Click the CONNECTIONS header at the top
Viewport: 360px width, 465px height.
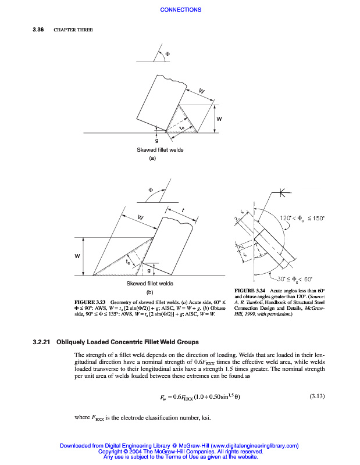(x=180, y=9)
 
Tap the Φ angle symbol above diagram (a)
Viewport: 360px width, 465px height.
(x=168, y=54)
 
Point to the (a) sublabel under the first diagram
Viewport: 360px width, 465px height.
(x=153, y=158)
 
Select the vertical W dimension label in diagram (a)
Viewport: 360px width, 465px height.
(x=219, y=119)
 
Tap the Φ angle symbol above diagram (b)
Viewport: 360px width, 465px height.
(x=151, y=189)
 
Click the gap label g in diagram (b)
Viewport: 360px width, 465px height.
(x=149, y=270)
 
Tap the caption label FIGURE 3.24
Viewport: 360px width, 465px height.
(x=249, y=290)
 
